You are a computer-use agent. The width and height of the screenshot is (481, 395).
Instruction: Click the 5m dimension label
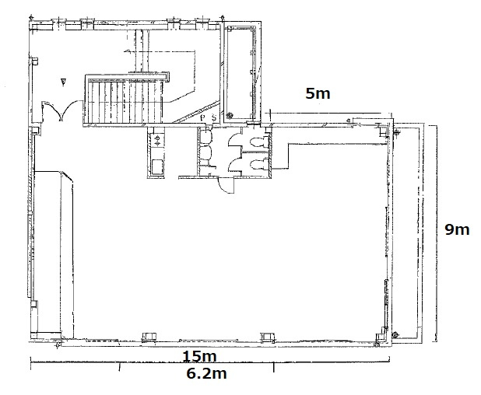[318, 93]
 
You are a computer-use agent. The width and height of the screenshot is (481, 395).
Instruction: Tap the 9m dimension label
[457, 229]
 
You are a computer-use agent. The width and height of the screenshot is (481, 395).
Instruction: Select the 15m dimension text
[200, 356]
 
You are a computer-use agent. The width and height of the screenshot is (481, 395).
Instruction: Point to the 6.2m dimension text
[207, 373]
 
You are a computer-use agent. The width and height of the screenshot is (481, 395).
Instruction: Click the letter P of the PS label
[203, 118]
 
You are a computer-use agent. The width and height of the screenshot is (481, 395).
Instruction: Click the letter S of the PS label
[214, 117]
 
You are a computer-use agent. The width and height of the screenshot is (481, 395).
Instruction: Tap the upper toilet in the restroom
[258, 142]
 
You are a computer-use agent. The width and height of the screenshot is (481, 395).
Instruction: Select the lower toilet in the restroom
[258, 165]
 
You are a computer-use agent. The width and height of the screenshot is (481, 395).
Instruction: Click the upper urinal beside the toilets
[205, 137]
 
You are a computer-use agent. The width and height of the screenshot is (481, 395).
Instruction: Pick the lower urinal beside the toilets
[205, 152]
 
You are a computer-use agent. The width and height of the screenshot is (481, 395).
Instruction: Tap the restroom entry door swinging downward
[226, 186]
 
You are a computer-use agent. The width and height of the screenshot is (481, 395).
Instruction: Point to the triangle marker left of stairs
[64, 82]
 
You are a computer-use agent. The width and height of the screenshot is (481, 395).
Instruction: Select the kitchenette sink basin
[157, 166]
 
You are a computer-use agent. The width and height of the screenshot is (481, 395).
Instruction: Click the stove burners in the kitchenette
[157, 140]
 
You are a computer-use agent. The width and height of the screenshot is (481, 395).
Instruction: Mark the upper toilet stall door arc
[235, 140]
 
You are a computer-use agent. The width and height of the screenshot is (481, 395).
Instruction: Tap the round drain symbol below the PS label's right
[229, 116]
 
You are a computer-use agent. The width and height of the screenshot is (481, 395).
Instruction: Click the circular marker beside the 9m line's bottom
[395, 334]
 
